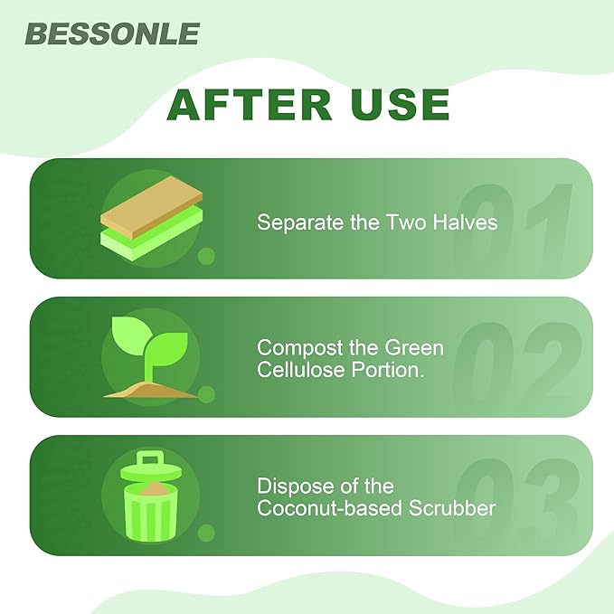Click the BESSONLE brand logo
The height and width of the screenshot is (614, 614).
point(112,33)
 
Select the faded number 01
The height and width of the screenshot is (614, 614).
point(513,220)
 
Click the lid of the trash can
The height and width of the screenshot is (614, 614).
point(148,467)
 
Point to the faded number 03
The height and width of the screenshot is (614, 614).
point(513,496)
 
